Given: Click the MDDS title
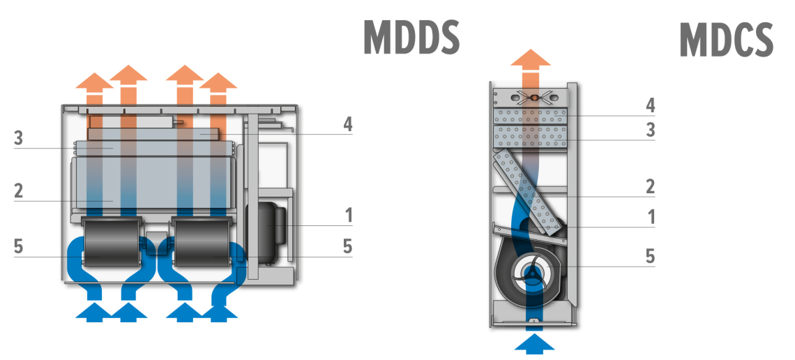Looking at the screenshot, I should (411, 38).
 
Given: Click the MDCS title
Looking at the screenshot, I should (726, 40).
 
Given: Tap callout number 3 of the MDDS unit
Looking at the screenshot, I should (19, 138).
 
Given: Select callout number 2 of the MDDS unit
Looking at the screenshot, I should (19, 191).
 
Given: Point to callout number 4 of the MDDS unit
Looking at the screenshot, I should (347, 125).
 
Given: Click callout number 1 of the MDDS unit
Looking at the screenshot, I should (349, 215).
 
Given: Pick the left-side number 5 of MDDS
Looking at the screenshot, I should (19, 247).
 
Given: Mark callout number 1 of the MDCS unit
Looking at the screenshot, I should (651, 217).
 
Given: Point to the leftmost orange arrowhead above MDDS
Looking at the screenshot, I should (94, 82).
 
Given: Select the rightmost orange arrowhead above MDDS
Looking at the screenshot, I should (219, 82).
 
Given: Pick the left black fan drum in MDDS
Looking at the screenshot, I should (112, 241).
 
